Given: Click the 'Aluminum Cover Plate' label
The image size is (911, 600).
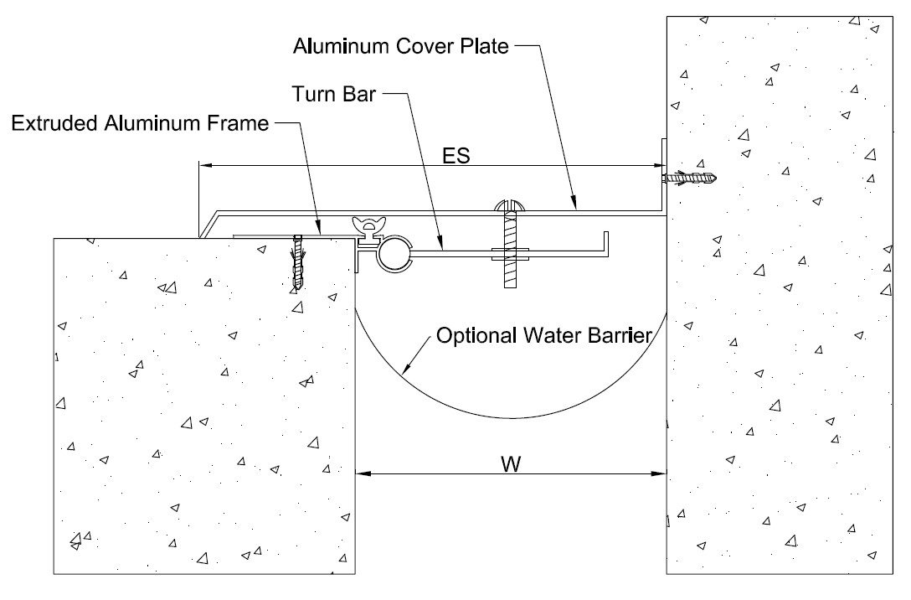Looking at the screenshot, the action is (x=401, y=46).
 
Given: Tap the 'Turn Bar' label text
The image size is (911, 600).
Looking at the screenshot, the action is (x=333, y=94).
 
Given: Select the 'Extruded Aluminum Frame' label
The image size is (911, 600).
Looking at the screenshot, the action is (x=140, y=123).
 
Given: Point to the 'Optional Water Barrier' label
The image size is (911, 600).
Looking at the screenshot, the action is (x=544, y=335).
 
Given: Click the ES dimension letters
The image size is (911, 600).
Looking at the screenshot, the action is (x=456, y=155).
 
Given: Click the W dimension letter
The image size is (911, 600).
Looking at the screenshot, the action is (x=511, y=464).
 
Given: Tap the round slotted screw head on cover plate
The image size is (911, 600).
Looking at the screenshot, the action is (x=510, y=206).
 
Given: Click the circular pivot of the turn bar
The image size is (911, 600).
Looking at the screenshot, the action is (x=395, y=254).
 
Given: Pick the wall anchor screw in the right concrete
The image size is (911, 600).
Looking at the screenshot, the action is (x=692, y=178).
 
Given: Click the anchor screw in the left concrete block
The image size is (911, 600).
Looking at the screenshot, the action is (x=298, y=263).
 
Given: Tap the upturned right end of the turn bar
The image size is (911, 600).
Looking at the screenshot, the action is (x=606, y=244).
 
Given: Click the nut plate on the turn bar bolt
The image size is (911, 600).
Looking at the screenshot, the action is (x=510, y=253).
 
